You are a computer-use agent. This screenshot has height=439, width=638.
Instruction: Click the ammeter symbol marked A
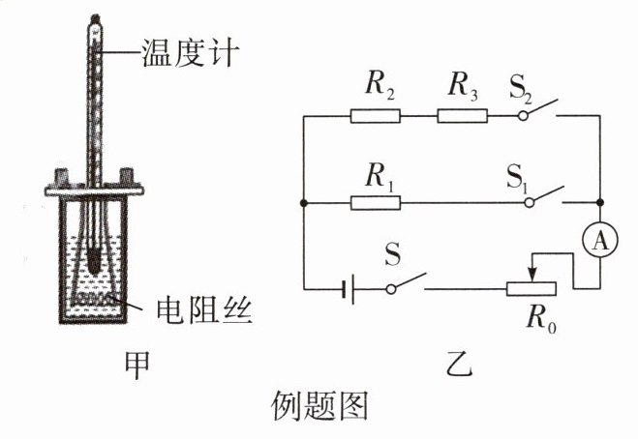[599, 240]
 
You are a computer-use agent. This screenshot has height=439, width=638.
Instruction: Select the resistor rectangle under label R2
[375, 116]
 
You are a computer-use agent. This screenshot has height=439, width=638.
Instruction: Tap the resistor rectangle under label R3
[462, 116]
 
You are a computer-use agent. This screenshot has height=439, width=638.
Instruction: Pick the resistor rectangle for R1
[375, 202]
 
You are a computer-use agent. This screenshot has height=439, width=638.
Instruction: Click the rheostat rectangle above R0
[532, 288]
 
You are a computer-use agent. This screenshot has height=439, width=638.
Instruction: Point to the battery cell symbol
[349, 289]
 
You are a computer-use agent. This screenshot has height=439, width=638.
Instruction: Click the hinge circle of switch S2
[523, 116]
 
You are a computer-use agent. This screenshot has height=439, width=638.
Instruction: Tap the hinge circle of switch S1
[529, 202]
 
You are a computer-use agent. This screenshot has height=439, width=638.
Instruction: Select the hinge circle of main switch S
[391, 289]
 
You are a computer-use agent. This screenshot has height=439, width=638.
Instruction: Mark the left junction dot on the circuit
[303, 202]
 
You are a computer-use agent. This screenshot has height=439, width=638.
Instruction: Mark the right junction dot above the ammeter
[599, 202]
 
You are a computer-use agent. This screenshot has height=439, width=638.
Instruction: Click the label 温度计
[190, 53]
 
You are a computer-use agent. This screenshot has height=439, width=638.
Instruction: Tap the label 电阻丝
[205, 311]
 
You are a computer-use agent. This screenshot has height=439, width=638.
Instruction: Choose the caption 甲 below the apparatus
[137, 366]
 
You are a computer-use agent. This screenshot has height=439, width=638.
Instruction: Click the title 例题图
[319, 406]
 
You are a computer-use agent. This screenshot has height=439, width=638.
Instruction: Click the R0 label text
[541, 318]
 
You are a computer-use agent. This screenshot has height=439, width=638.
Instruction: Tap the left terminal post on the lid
[62, 178]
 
